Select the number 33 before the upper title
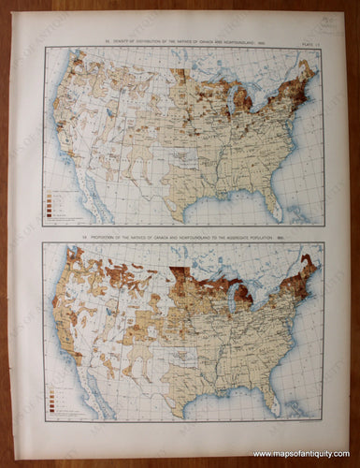click(83, 40)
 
